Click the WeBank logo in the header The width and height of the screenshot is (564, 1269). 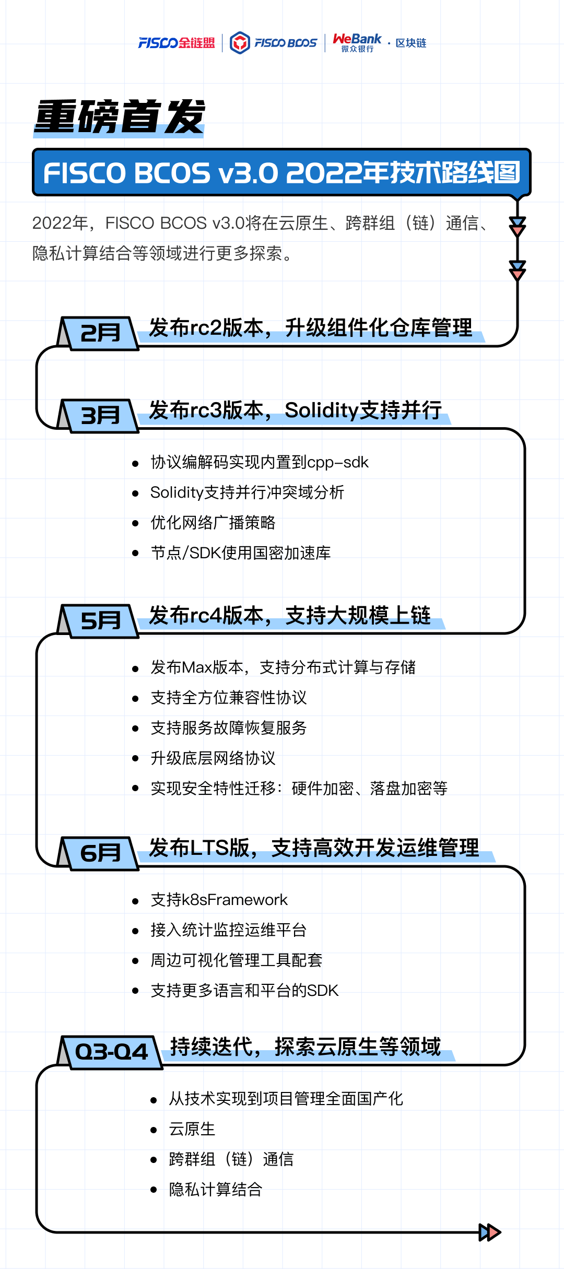click(x=357, y=42)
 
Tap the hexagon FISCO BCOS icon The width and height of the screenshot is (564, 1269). click(x=240, y=43)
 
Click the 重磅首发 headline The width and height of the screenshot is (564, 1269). click(x=120, y=117)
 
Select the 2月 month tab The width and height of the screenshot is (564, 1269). click(x=100, y=333)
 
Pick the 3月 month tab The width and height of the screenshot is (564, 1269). click(x=100, y=416)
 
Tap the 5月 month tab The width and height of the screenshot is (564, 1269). click(x=100, y=621)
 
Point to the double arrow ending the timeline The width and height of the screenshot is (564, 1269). click(x=490, y=1232)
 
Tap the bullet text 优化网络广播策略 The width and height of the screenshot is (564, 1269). click(x=213, y=523)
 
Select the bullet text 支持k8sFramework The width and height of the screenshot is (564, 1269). click(x=219, y=900)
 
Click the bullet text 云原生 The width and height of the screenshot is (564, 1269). click(x=192, y=1129)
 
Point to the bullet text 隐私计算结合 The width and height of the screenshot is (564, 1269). click(x=215, y=1190)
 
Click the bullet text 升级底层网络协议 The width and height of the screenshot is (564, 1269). click(x=213, y=758)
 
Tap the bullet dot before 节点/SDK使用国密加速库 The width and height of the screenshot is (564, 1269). click(x=136, y=554)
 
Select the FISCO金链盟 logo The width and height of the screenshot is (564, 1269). click(x=176, y=43)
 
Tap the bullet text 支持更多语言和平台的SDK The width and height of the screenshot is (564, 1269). click(x=244, y=991)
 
